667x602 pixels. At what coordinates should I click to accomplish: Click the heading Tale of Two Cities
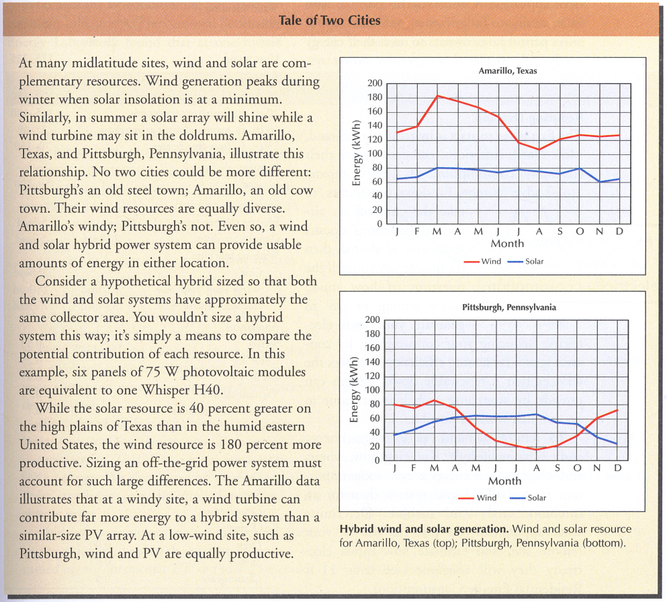click(x=329, y=20)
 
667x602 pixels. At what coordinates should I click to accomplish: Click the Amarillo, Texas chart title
click(x=508, y=71)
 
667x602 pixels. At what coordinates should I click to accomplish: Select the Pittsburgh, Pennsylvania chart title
click(x=508, y=307)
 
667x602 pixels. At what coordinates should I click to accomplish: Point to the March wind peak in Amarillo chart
click(x=438, y=96)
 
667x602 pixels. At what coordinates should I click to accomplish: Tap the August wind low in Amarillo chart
click(x=539, y=150)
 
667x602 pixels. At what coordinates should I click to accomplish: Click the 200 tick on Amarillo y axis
click(x=375, y=83)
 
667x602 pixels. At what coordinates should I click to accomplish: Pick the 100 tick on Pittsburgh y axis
click(x=372, y=391)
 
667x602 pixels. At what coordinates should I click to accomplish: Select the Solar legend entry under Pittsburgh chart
click(x=527, y=498)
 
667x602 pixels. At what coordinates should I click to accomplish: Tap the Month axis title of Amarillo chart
click(x=507, y=244)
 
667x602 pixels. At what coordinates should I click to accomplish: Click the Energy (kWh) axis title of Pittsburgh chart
click(x=353, y=390)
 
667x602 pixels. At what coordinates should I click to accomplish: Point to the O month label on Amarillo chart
click(x=580, y=232)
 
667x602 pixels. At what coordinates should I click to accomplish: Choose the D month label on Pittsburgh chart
click(x=618, y=468)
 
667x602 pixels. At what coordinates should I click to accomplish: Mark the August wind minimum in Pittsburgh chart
click(x=536, y=450)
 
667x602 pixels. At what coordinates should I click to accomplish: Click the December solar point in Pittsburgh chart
click(x=617, y=444)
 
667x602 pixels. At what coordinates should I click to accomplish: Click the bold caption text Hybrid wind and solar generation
click(x=424, y=530)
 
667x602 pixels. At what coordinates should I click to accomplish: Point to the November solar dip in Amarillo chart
click(x=600, y=181)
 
